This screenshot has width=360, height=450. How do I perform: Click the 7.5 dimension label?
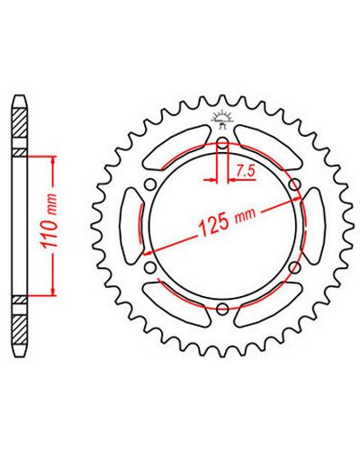pos(246,171)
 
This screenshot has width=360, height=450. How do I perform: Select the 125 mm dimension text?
pos(227,220)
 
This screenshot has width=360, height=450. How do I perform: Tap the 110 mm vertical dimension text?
pos(49,221)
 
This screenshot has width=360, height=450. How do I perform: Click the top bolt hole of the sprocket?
pos(222,143)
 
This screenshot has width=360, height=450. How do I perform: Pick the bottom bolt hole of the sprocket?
pos(222,309)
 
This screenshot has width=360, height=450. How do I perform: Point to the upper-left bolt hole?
pos(150,184)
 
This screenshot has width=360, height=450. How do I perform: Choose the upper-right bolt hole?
pos(295,184)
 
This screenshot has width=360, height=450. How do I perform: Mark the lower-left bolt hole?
pos(150,267)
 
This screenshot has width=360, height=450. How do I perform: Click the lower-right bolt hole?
pos(295,267)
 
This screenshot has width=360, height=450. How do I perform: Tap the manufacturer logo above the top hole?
pos(222,120)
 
